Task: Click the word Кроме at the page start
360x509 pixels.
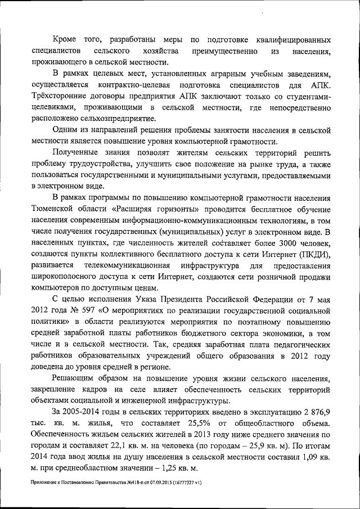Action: click(x=66, y=40)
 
